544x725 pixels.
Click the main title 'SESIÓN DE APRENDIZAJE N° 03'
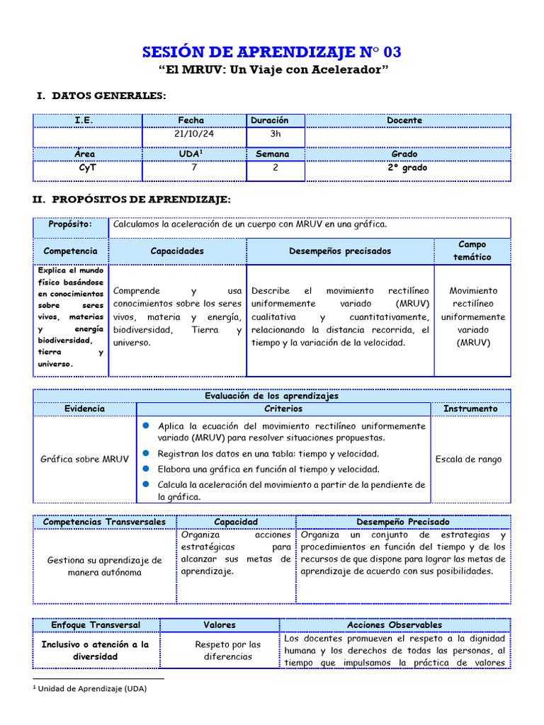pyautogui.click(x=273, y=52)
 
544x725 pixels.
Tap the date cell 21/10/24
pyautogui.click(x=195, y=134)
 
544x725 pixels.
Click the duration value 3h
pyautogui.click(x=276, y=134)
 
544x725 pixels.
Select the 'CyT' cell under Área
pyautogui.click(x=87, y=168)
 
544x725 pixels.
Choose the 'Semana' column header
pyautogui.click(x=276, y=154)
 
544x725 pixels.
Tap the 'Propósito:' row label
pyautogui.click(x=70, y=224)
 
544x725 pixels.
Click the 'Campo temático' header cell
pyautogui.click(x=472, y=251)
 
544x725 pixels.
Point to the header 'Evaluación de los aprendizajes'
pyautogui.click(x=271, y=396)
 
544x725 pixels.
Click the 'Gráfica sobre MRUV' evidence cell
pyautogui.click(x=85, y=459)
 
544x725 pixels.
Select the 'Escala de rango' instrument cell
pyautogui.click(x=468, y=459)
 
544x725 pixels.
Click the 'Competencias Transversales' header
pyautogui.click(x=104, y=522)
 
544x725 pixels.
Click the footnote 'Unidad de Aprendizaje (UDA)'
pyautogui.click(x=91, y=688)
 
